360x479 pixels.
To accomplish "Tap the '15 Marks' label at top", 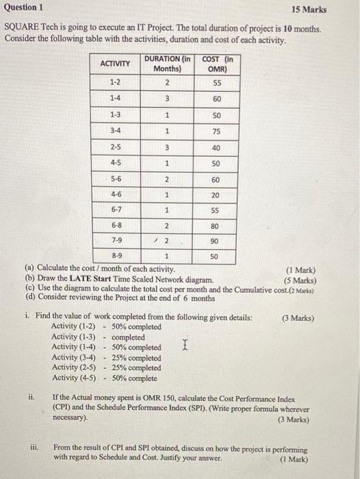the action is (x=309, y=10).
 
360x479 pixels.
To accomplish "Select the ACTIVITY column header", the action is (x=116, y=64).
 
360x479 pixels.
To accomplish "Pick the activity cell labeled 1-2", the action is (x=116, y=82).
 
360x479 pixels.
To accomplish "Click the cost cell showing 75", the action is (x=216, y=131).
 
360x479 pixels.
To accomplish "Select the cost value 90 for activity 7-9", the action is (x=216, y=241).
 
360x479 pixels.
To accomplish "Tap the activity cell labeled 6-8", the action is (x=116, y=224).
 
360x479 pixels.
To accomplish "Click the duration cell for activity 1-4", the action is (x=167, y=99).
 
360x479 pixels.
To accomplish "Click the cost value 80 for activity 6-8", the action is (x=216, y=224).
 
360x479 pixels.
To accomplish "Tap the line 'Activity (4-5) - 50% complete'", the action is (x=104, y=378).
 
